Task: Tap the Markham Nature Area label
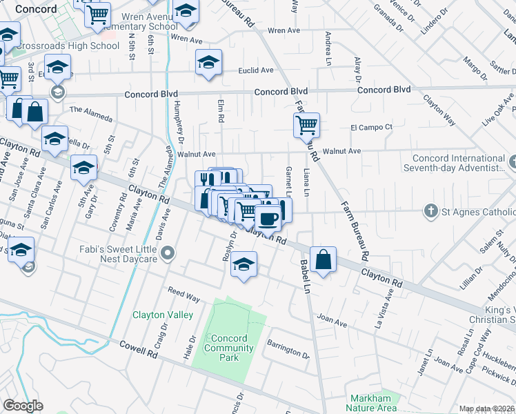[371, 403]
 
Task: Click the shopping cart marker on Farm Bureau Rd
[306, 126]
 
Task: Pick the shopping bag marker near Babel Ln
[322, 260]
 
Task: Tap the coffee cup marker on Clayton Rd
[268, 219]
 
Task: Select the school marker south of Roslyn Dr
[244, 264]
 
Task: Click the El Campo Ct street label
[371, 127]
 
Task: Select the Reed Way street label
[183, 296]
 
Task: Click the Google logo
[23, 406]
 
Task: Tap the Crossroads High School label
[67, 46]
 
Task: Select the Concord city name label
[35, 9]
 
